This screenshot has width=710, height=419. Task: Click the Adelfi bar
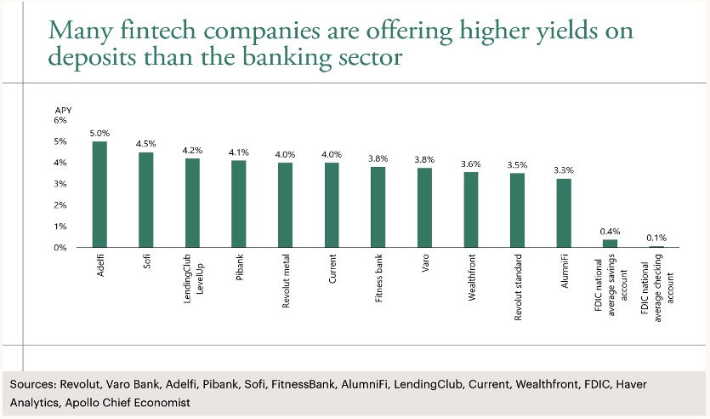[x=99, y=194]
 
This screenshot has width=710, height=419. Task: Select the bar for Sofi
[x=145, y=200]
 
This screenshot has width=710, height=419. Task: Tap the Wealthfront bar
[x=471, y=209]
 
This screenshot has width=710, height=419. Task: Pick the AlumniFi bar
[x=564, y=213]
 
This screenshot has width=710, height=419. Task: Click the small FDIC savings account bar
[x=610, y=244]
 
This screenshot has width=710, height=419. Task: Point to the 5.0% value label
[x=99, y=134]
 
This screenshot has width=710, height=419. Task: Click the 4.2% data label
[x=192, y=150]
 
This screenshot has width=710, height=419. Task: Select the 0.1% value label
[x=656, y=238]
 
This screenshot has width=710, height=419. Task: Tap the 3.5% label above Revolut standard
[x=517, y=165]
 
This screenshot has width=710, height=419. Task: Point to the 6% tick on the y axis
[x=60, y=120]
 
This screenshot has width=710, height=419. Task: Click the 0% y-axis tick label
[x=60, y=248]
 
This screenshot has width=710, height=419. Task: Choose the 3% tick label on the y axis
[x=60, y=184]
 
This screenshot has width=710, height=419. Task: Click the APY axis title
[x=64, y=111]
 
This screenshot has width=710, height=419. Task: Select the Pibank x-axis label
[x=240, y=267]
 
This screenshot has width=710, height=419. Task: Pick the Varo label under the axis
[x=425, y=263]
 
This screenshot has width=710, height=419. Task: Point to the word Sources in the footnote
[x=32, y=385]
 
